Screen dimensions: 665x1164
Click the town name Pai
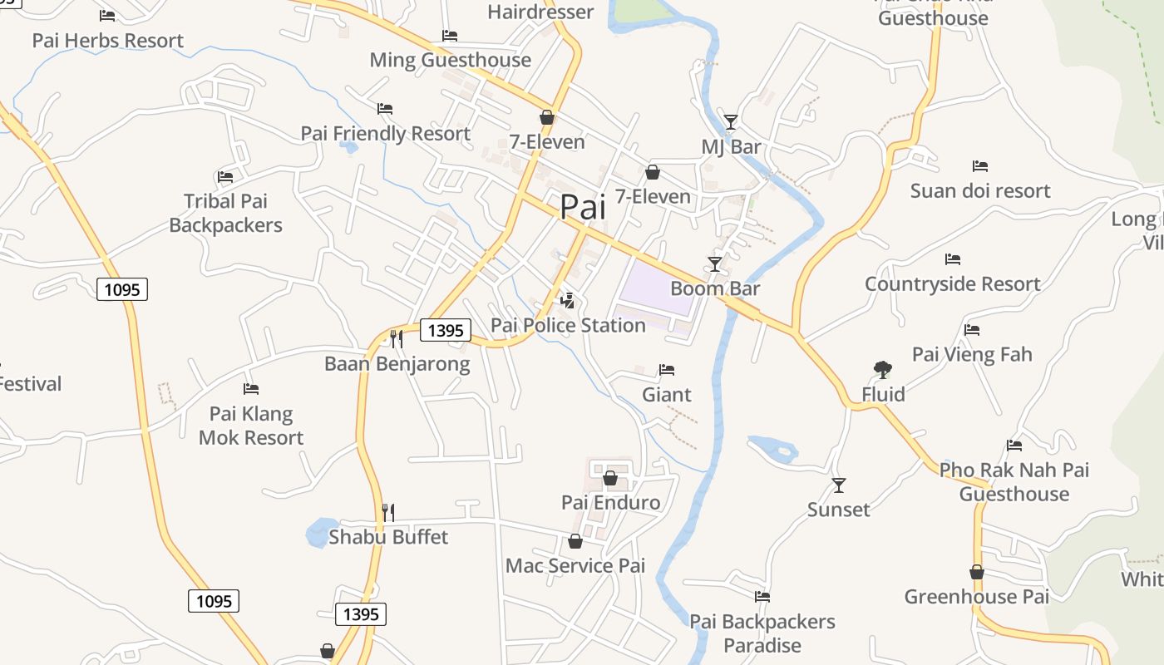583,207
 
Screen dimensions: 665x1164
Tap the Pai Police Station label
568,325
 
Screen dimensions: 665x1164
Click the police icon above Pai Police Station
568,300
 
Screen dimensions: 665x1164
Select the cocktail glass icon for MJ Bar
730,122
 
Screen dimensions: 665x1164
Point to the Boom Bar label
715,288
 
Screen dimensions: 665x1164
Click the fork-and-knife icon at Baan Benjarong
397,338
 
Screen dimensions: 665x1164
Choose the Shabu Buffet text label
388,537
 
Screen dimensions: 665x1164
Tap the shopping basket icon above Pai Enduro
610,478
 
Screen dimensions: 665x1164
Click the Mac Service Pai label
575,566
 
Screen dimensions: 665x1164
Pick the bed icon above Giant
667,369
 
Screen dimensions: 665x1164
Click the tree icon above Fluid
883,369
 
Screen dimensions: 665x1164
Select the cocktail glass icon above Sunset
839,485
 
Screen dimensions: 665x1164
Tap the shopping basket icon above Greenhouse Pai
977,572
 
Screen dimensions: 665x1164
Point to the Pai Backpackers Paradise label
762,633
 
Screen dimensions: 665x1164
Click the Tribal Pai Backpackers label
225,213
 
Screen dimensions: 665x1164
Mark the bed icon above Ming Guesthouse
450,36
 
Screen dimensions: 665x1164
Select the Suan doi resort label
980,191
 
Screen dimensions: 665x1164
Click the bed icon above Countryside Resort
953,259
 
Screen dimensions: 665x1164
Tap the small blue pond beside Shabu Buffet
317,533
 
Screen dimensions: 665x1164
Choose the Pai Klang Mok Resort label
251,426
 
